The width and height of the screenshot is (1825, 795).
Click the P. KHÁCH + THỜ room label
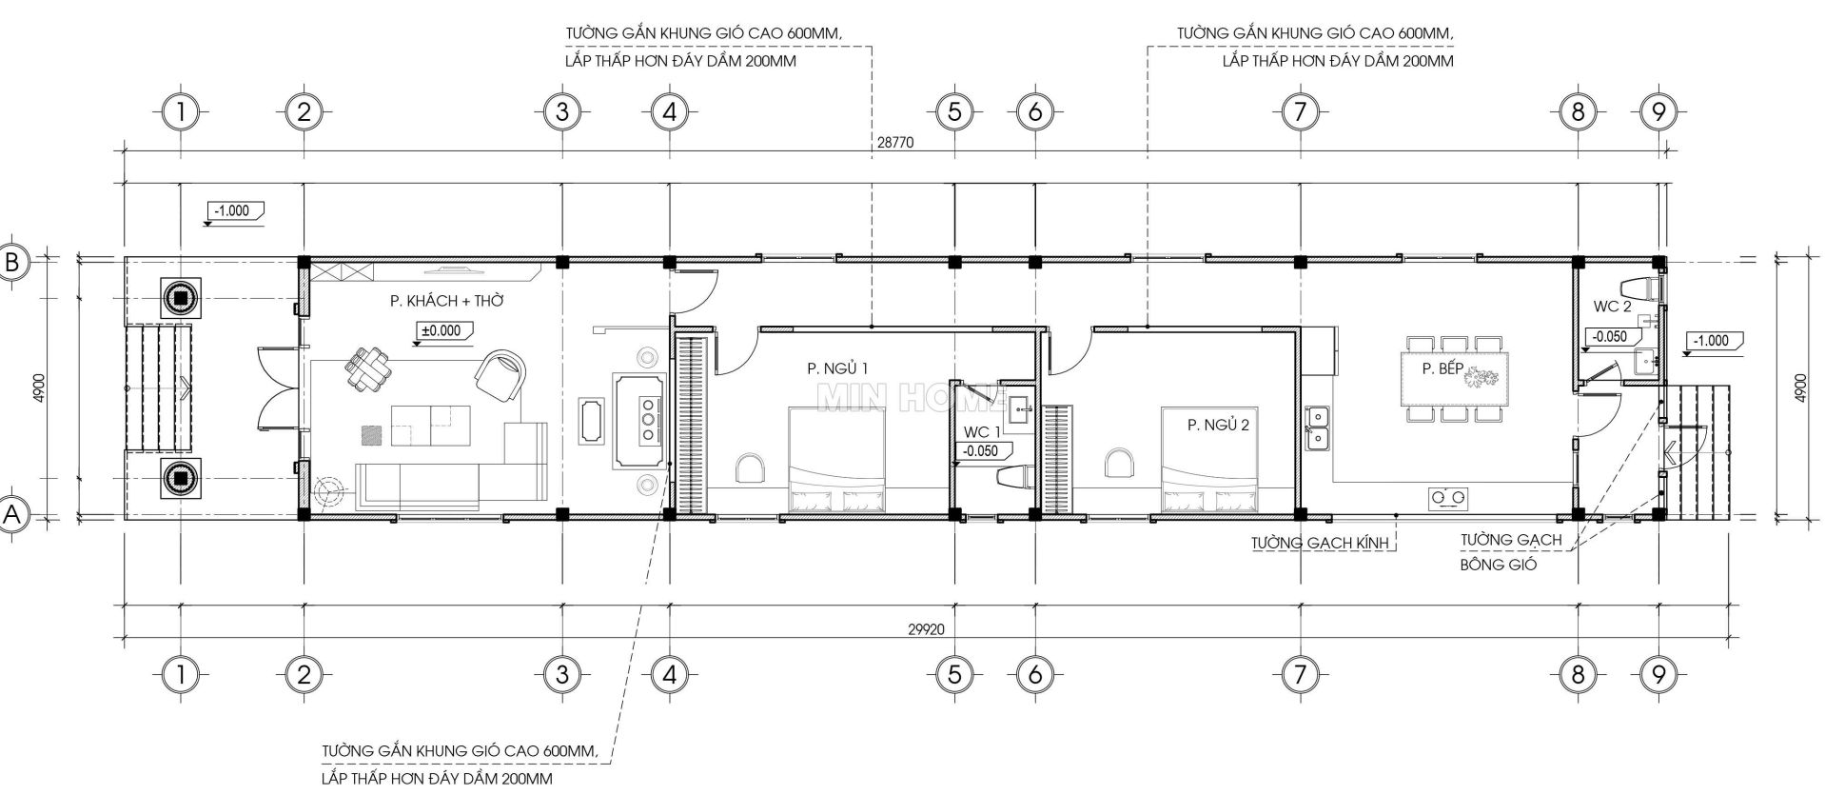point(446,301)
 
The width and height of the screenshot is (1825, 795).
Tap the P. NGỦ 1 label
point(837,368)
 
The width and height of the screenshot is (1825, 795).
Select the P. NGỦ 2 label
point(1218,425)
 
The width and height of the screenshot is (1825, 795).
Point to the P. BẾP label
point(1442,369)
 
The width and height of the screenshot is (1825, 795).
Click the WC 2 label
point(1613,307)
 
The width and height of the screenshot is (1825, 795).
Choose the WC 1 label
point(982,431)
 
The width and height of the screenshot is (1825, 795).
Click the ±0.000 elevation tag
point(444,331)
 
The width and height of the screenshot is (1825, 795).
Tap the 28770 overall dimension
point(894,143)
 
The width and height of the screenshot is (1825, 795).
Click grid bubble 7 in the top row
point(1299,112)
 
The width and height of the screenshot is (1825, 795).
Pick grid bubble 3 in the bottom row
point(562,675)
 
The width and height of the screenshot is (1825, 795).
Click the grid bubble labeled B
point(13,262)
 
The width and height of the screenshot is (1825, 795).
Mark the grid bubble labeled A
point(13,515)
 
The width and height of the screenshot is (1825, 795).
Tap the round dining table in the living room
point(366,368)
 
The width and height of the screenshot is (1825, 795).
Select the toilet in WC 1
point(1015,476)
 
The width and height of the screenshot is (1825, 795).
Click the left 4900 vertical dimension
point(38,388)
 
